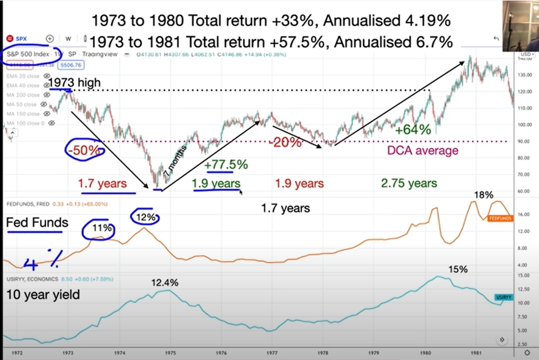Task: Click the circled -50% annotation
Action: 84,150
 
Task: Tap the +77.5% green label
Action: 226,164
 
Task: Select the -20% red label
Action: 285,143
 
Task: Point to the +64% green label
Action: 413,129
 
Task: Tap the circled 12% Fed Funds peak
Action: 145,217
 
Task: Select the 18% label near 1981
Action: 483,195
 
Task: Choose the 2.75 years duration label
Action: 409,183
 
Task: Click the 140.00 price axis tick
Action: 526,59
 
